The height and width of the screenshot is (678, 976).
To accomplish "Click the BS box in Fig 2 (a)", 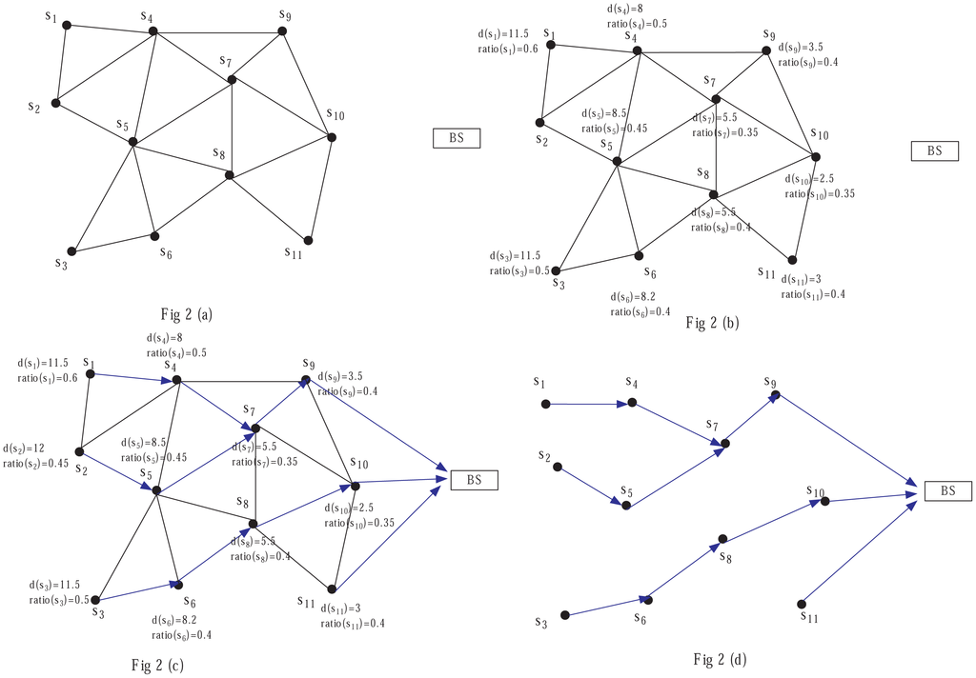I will [456, 139].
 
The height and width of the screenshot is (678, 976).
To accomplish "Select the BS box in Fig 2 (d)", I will [946, 491].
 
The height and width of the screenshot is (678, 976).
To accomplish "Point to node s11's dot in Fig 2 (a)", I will [308, 240].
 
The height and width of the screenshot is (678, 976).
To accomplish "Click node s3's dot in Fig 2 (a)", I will [71, 251].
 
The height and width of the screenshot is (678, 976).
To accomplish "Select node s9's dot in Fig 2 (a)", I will [282, 31].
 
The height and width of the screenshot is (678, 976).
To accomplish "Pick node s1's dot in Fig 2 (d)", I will [545, 404].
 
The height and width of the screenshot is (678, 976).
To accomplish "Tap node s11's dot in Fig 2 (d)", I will [802, 603].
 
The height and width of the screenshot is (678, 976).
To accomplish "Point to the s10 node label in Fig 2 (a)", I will [335, 116].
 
